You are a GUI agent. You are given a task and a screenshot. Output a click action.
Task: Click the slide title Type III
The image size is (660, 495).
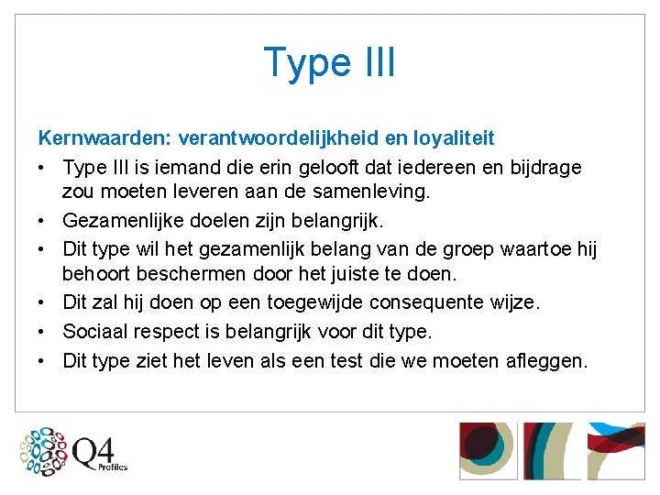click(330, 62)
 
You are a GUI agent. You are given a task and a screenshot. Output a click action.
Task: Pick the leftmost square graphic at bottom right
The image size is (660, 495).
click(487, 451)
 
